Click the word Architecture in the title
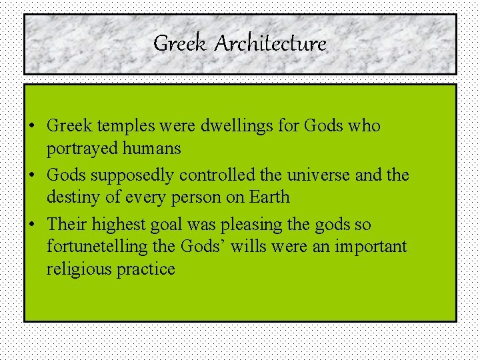(271, 44)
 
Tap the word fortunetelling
(97, 247)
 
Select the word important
(370, 247)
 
